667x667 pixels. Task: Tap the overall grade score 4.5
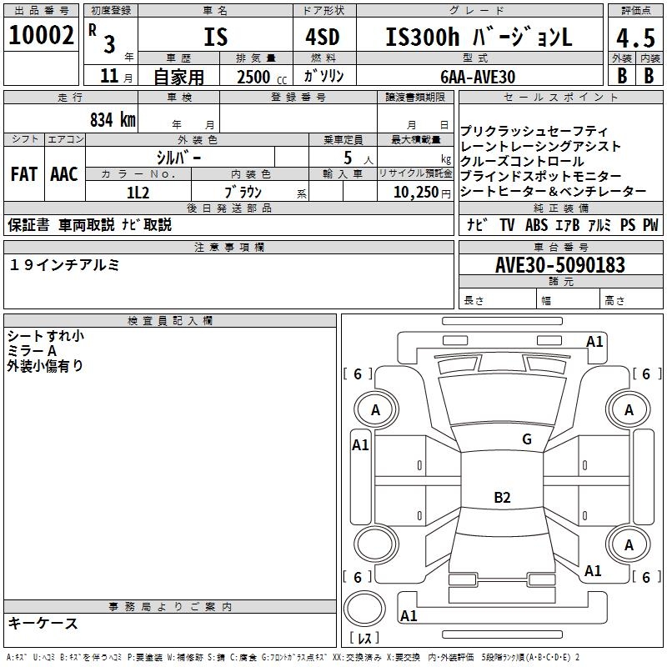point(634,38)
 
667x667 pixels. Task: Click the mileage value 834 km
point(112,119)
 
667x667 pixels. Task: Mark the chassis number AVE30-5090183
point(559,265)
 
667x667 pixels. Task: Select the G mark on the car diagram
point(526,439)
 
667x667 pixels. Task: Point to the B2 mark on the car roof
point(502,499)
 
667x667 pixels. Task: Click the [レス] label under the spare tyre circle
point(364,639)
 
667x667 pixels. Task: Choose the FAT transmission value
point(23,174)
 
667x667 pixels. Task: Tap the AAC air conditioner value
point(63,174)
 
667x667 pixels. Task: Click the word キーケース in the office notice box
point(43,623)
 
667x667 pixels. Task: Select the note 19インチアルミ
point(64,264)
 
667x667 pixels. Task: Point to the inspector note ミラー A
point(33,351)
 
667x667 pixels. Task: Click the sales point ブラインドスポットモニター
point(540,177)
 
